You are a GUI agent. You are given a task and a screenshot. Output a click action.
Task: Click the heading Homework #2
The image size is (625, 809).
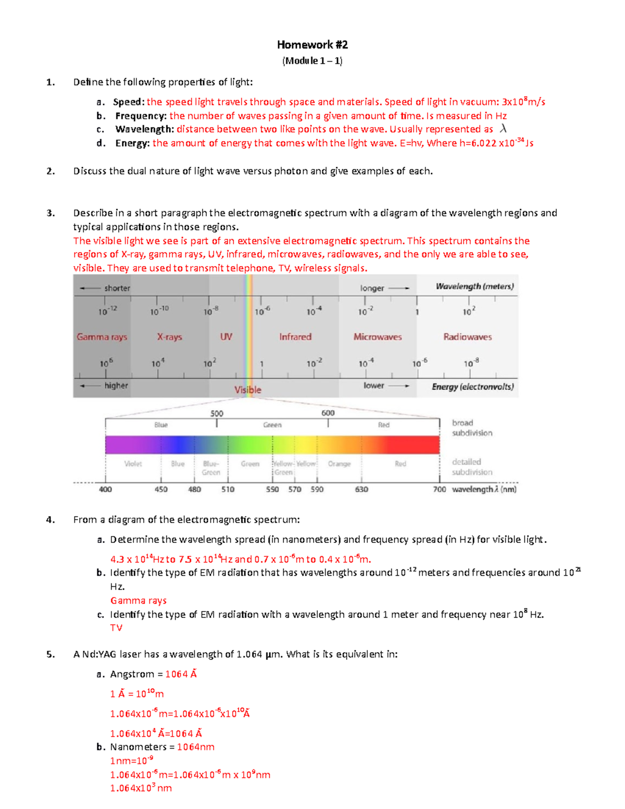click(x=312, y=45)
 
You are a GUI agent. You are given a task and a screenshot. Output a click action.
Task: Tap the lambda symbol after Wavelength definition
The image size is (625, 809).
click(x=503, y=129)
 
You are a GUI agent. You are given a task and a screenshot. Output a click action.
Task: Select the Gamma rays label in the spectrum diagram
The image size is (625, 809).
click(x=102, y=337)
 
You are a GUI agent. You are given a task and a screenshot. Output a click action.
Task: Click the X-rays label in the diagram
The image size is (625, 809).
click(x=169, y=337)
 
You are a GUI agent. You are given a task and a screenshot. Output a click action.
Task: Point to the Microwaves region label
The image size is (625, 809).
click(x=378, y=337)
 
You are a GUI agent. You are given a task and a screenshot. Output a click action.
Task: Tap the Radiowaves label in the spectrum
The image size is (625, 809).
click(x=467, y=337)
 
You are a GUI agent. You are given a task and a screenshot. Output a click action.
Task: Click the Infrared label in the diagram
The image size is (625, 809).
click(x=295, y=337)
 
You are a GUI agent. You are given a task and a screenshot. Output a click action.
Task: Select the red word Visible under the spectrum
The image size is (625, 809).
click(x=247, y=390)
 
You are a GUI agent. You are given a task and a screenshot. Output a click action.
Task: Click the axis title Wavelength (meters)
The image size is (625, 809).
click(x=474, y=287)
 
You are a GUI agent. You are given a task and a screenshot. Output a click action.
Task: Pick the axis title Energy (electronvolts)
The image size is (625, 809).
click(x=472, y=387)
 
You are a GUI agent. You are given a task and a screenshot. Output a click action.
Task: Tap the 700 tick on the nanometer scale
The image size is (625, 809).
click(x=439, y=489)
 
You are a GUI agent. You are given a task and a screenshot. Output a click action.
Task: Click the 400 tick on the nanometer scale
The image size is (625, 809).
click(x=105, y=489)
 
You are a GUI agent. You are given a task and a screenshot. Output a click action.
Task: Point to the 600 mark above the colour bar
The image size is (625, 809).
click(x=328, y=413)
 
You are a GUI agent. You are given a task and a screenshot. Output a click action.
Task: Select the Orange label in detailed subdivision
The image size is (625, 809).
click(x=339, y=464)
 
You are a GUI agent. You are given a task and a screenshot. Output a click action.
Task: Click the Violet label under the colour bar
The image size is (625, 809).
click(x=133, y=464)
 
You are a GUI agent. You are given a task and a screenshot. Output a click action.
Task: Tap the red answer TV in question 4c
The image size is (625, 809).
click(x=116, y=628)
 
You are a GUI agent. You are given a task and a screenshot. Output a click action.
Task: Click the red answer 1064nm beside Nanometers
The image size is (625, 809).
click(x=195, y=747)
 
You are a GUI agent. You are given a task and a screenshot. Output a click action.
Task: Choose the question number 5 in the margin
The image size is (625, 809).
click(x=50, y=654)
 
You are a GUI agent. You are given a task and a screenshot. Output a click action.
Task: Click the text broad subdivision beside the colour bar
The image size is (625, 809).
click(x=472, y=428)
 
